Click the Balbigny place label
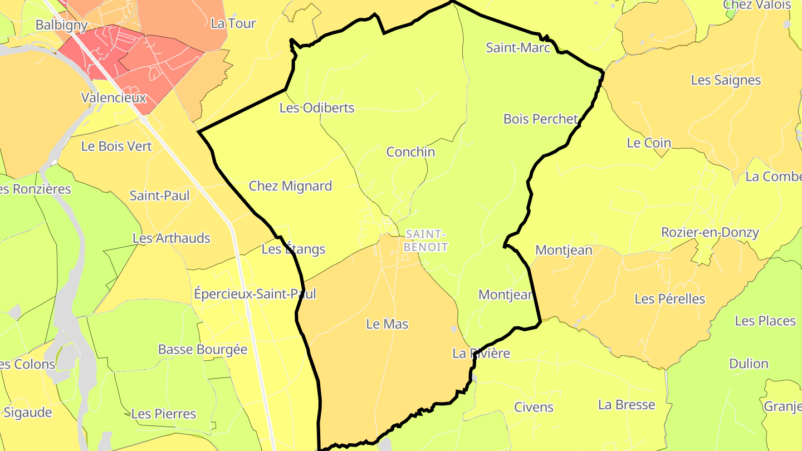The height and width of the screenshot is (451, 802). (61, 25)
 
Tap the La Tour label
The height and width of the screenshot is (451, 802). (233, 23)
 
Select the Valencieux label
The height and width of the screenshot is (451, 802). (114, 98)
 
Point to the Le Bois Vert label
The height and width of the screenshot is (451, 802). (116, 146)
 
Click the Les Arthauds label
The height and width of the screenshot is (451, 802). (171, 238)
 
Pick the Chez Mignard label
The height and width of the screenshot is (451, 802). (290, 186)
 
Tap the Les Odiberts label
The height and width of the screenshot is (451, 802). (317, 108)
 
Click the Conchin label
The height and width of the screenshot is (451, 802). (410, 152)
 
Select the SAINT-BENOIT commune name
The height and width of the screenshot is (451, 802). (426, 241)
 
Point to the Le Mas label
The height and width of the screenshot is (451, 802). (387, 324)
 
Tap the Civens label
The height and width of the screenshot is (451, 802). (534, 407)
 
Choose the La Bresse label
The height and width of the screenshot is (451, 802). (627, 405)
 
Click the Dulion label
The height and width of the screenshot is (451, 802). (749, 364)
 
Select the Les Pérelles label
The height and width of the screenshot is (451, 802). (669, 299)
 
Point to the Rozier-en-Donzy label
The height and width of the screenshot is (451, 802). (710, 232)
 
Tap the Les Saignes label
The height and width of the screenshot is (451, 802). (726, 80)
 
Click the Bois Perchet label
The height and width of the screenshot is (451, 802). (540, 119)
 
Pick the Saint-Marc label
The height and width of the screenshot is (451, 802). (518, 48)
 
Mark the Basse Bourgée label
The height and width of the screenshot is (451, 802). (203, 350)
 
